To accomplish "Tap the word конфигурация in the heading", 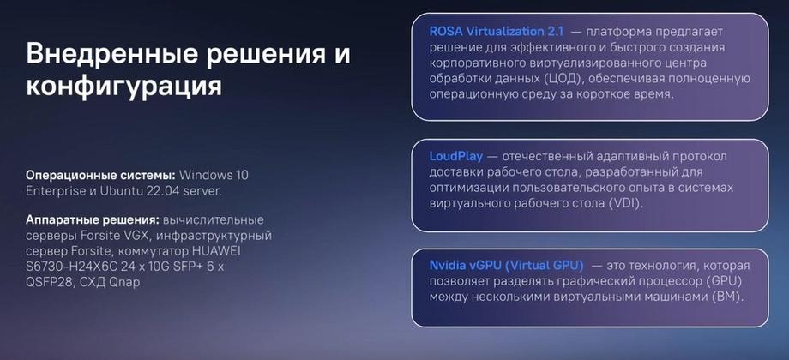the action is (123, 86).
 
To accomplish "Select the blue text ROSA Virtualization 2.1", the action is (497, 31).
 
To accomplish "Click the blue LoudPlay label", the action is (456, 156).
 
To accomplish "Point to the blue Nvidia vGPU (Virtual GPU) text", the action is (507, 265).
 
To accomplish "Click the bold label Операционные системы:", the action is (100, 176).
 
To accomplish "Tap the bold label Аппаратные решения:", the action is (93, 220).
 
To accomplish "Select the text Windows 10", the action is (214, 176).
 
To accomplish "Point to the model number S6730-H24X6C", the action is (68, 267).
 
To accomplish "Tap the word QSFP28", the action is (48, 283).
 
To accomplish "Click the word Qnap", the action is (125, 283).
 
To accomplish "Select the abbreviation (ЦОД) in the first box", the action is (564, 79).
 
